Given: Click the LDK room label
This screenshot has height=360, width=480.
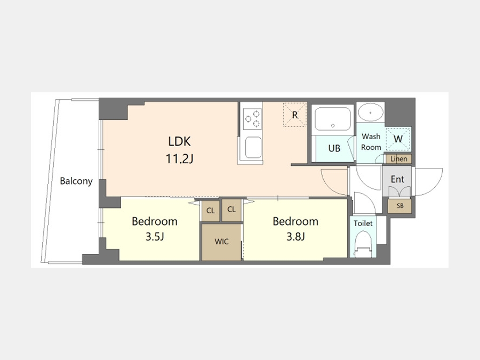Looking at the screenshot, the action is pos(179,141).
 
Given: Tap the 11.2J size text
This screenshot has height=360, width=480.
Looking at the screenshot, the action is pos(179,158).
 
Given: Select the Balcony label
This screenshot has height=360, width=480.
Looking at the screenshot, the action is pos(76,181).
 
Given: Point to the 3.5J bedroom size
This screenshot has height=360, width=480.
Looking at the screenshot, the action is pos(155,236).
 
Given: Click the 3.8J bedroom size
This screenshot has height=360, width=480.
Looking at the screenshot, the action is pos(295,236).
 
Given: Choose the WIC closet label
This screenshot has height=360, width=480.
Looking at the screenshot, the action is pos(221,242).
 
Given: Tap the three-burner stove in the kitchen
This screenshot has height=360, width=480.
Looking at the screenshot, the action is pos(253,119).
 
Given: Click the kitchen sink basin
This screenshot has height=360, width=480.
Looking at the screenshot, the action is pos(253,148).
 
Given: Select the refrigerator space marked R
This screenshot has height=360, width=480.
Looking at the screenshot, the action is pos(295,115).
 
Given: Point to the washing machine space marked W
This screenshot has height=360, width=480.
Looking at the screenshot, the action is pos(398,139).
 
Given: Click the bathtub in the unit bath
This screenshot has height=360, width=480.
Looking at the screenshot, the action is pos(333,119).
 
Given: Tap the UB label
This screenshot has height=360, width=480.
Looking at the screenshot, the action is pos(334,148).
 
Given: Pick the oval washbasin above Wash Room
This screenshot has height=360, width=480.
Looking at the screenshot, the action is pos(371,113).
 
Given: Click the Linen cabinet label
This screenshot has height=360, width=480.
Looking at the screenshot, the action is pos(398,159).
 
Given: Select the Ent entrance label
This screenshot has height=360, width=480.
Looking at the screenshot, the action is pos(397,179).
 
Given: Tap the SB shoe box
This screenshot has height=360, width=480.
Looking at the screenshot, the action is pos(400,206).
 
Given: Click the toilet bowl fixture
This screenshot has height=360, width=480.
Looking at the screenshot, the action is pos(363,244).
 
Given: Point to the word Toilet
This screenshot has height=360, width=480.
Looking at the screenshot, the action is pos(363,223).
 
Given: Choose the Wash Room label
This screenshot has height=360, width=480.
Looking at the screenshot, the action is pos(371,142).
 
